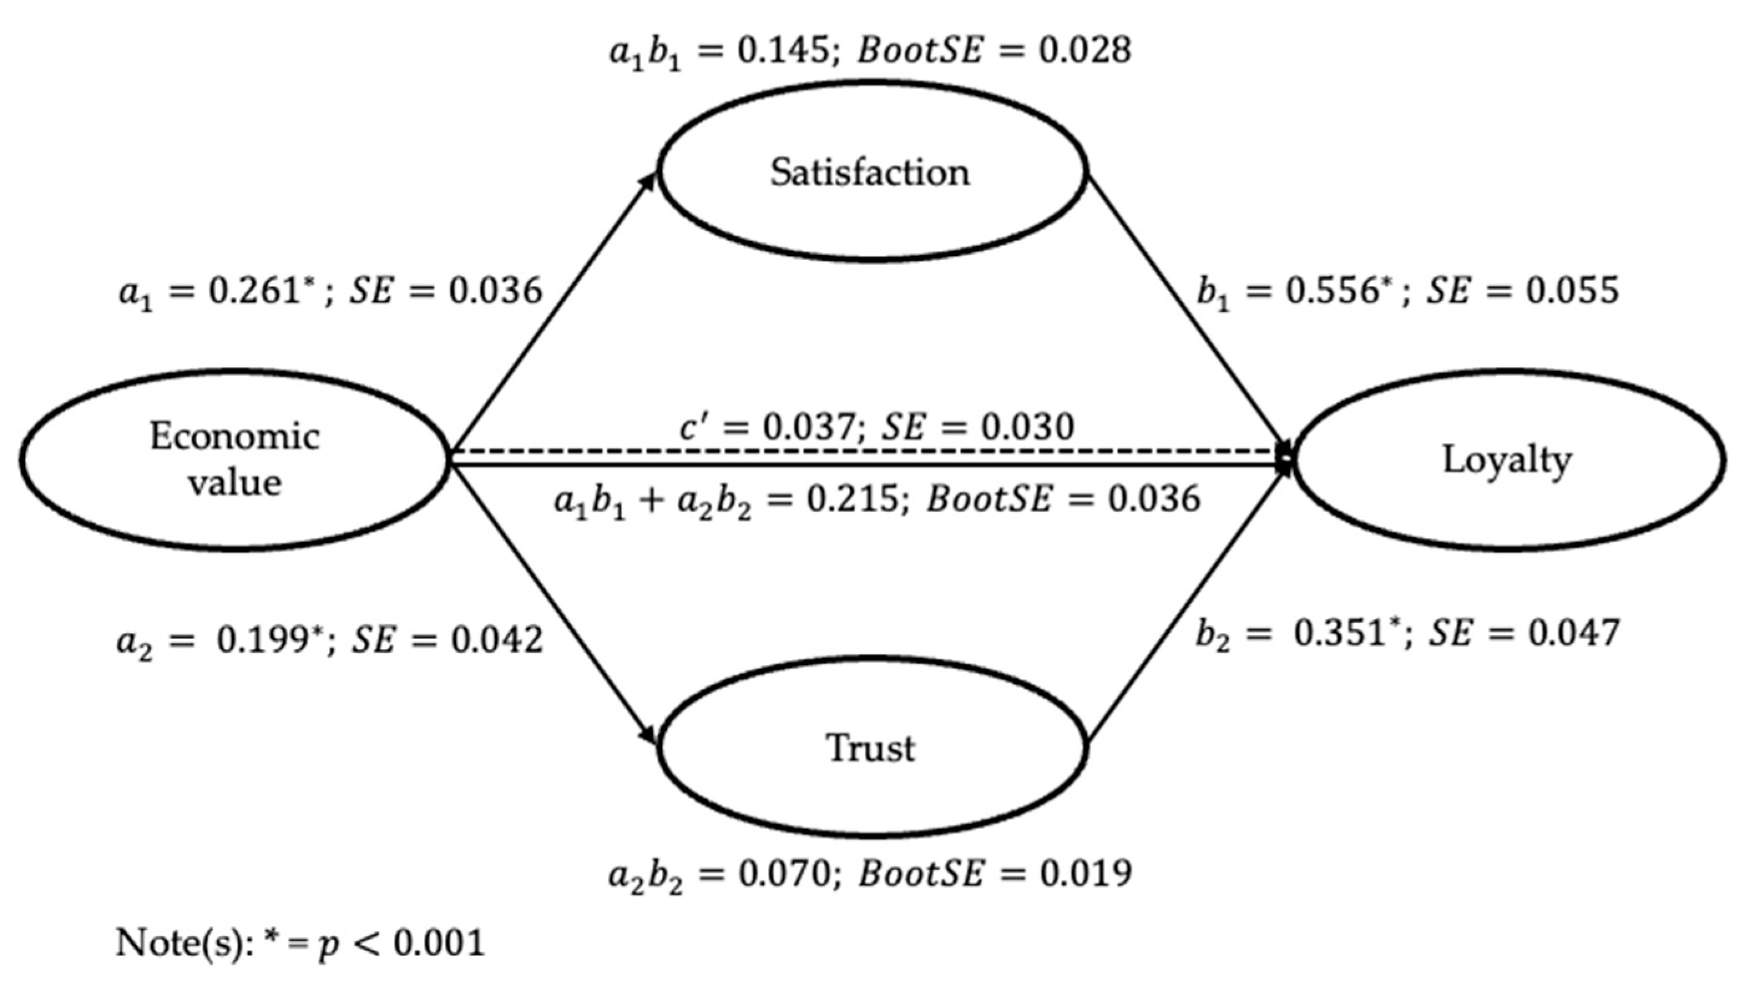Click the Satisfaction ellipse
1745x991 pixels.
871,171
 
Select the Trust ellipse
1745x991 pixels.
871,747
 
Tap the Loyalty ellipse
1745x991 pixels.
1508,460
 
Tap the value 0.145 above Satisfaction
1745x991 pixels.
783,50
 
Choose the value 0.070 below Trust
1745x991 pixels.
783,873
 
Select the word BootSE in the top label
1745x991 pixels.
920,50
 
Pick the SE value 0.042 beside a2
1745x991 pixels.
495,639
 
